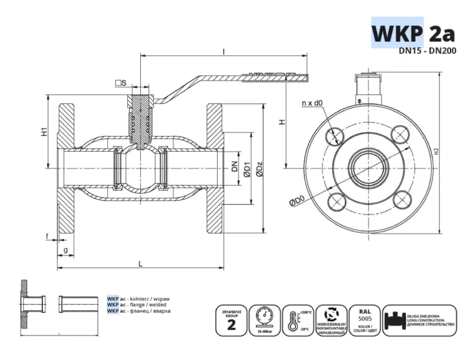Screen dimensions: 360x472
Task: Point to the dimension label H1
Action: [44, 133]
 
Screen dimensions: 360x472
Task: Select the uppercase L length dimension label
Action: [140, 264]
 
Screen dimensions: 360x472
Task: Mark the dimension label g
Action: [66, 250]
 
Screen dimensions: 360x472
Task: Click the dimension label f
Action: [47, 237]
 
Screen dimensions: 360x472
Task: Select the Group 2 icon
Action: [230, 320]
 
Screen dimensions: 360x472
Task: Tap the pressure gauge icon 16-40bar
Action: [264, 320]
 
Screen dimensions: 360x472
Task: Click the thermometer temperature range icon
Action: [297, 320]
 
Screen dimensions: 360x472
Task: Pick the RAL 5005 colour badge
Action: [364, 320]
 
